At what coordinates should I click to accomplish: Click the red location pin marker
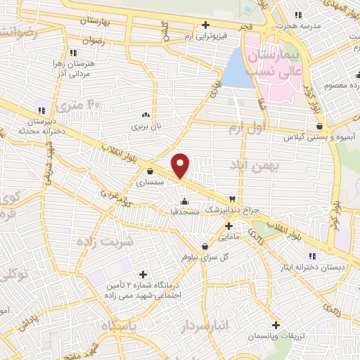(181, 165)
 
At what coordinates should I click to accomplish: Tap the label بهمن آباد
(254, 165)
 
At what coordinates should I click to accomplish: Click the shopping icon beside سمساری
(150, 170)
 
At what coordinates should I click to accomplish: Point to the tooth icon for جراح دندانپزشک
(233, 199)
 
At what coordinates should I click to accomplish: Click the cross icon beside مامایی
(229, 226)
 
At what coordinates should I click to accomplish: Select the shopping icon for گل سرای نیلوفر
(205, 246)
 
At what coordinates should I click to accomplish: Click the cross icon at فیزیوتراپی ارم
(205, 25)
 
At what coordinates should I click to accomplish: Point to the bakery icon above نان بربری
(146, 115)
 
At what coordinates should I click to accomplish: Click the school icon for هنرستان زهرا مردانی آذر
(72, 52)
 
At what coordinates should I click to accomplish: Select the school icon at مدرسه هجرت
(298, 14)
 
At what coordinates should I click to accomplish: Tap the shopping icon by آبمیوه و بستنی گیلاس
(320, 127)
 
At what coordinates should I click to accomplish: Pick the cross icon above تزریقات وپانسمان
(276, 325)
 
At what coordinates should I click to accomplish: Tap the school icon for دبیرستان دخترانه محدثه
(41, 110)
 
